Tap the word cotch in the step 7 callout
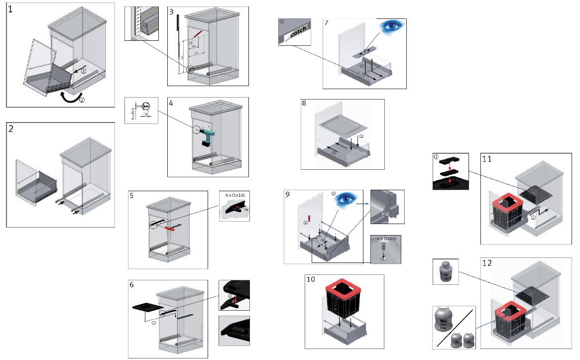coord(298,31)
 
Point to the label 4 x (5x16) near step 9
coord(386,239)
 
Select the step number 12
coord(486,262)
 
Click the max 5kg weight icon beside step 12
coord(445,273)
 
